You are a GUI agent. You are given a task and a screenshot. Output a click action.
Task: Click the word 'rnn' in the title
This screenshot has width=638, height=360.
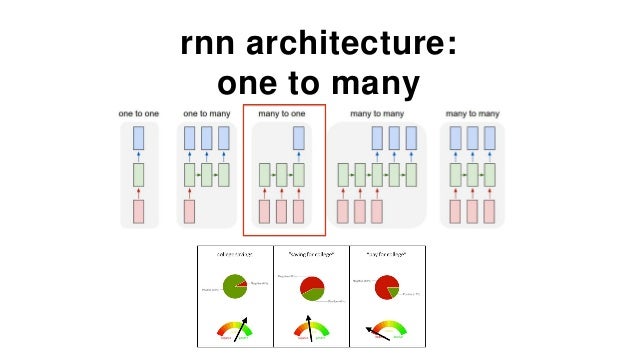pyautogui.click(x=210, y=45)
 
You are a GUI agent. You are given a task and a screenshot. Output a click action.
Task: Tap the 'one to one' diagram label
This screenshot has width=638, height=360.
pyautogui.click(x=139, y=114)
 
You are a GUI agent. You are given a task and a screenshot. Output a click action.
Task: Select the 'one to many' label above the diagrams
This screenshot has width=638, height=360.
pyautogui.click(x=206, y=114)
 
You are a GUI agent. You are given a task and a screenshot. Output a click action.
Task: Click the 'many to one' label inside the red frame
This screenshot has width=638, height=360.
pyautogui.click(x=282, y=114)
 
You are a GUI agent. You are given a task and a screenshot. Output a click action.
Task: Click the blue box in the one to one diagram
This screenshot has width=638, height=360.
pyautogui.click(x=139, y=138)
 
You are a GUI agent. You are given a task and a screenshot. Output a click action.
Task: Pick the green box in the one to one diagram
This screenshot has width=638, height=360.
pyautogui.click(x=139, y=175)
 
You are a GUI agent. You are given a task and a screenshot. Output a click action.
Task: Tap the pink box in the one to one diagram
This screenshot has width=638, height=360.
pyautogui.click(x=139, y=211)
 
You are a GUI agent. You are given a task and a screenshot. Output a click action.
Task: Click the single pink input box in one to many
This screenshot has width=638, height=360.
pyautogui.click(x=189, y=211)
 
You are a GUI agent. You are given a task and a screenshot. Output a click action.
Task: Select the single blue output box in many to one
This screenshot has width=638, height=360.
pyautogui.click(x=299, y=138)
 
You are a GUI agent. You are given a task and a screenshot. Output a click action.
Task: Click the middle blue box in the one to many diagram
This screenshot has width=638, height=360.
pyautogui.click(x=206, y=138)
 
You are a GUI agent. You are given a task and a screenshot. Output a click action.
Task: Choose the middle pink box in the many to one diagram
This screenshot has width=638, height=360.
pyautogui.click(x=282, y=211)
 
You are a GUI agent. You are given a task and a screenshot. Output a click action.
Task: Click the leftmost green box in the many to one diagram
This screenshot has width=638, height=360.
pyautogui.click(x=265, y=175)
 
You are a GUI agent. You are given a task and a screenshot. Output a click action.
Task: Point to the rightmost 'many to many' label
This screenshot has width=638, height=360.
pyautogui.click(x=472, y=114)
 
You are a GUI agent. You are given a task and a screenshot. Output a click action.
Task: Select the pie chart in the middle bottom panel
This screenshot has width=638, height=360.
pyautogui.click(x=312, y=291)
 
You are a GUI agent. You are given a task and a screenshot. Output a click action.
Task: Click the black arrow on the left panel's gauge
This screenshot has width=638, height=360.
pyautogui.click(x=242, y=329)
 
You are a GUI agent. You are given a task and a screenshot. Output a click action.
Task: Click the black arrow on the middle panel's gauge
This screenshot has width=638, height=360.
pyautogui.click(x=310, y=328)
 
